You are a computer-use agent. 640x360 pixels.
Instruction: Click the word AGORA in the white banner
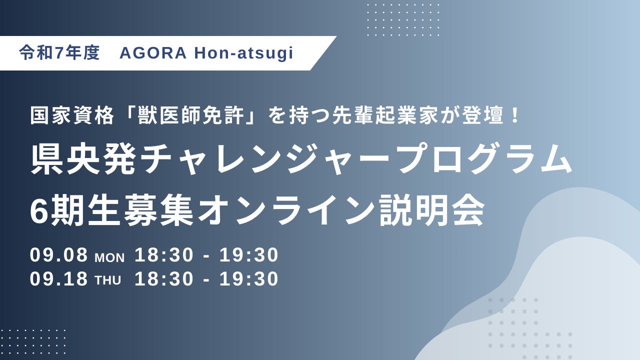153,53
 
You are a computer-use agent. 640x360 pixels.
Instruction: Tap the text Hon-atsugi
243,53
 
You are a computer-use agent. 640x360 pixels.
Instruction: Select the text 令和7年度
59,53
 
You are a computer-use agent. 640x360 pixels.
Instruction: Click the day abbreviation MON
109,257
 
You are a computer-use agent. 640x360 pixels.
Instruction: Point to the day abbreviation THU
107,280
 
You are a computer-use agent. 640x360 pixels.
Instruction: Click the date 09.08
58,255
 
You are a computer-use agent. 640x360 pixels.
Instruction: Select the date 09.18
58,279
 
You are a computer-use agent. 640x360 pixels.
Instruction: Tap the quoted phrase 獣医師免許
191,116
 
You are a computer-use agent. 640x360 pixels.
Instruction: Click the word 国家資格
72,116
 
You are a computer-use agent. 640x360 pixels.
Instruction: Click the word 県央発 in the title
83,159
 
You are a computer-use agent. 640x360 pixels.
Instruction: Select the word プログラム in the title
485,159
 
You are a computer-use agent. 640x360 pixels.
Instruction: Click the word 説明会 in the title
431,210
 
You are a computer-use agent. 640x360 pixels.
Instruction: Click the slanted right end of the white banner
323,53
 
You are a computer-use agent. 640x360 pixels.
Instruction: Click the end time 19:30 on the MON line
249,255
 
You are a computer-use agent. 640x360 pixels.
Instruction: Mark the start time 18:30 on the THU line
164,279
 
